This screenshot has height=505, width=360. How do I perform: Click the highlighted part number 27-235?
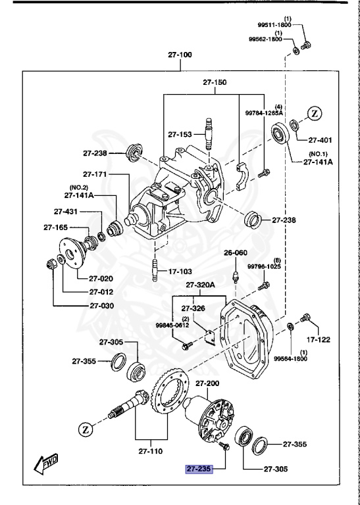[x=198, y=469]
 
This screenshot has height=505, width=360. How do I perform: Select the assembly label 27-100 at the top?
[x=179, y=55]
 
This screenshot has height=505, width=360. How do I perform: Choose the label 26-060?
[x=234, y=253]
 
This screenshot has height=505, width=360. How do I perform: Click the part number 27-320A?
[x=200, y=285]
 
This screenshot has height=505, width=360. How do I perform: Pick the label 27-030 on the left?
[x=101, y=305]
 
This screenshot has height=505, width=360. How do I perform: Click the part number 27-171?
[x=96, y=174]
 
